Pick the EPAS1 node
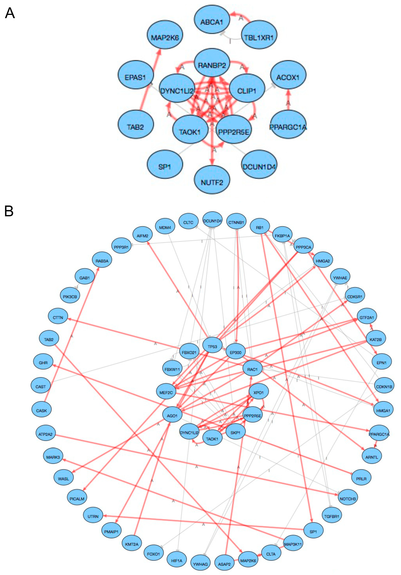point(135,77)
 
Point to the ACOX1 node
point(288,77)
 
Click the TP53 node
point(212,347)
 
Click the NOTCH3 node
point(348,499)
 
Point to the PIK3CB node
point(70,297)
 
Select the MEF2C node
point(166,392)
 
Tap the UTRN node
point(93,516)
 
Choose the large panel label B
point(9,211)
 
